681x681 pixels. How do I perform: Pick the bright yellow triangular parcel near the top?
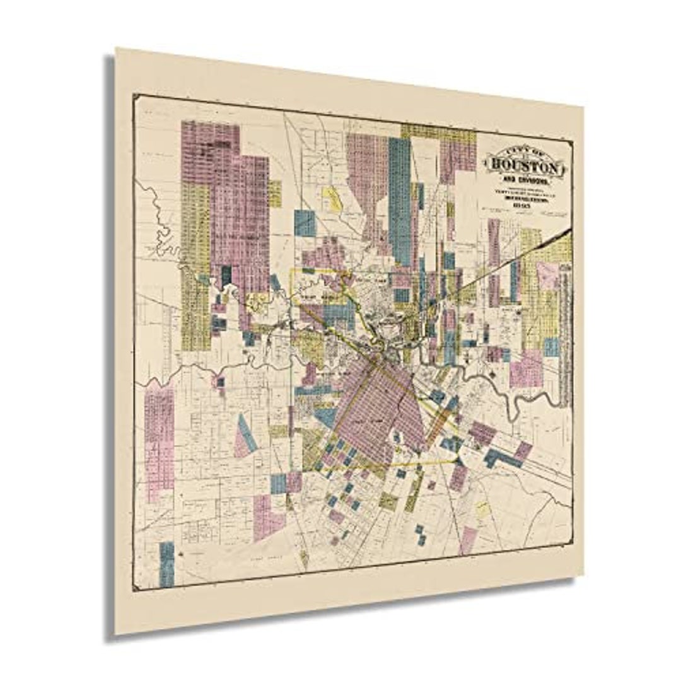tap(332, 197)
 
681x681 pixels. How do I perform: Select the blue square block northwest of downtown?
tap(305, 223)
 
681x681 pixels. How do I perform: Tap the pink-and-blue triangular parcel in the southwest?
tap(245, 436)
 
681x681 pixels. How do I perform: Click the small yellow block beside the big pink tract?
tap(276, 193)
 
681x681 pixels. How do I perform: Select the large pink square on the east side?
tap(527, 368)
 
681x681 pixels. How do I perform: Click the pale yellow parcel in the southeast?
tap(482, 508)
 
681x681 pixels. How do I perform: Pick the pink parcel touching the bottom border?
tap(468, 539)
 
